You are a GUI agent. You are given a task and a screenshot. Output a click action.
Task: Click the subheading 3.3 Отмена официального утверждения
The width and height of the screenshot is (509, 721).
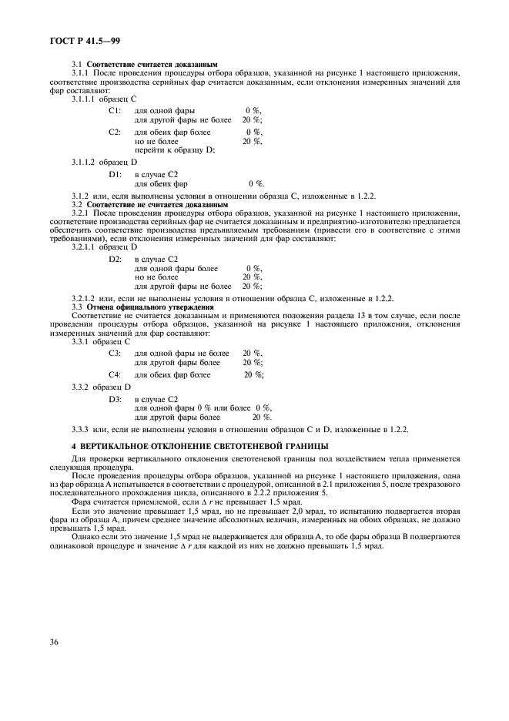128,307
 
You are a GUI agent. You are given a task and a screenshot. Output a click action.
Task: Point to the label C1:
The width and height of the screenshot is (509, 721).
115,111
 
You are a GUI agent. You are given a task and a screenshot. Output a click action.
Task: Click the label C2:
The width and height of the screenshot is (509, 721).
115,132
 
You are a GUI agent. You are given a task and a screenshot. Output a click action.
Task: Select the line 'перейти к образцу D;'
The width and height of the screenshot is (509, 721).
174,149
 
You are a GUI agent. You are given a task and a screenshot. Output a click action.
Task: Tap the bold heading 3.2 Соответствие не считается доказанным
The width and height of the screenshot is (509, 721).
149,205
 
